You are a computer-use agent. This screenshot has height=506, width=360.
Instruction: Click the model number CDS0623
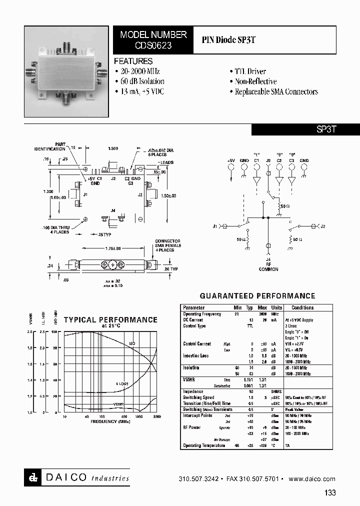[x=153, y=45]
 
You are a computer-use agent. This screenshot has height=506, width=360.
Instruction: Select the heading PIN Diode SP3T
[x=228, y=39]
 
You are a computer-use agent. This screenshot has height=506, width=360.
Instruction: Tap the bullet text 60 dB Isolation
[x=139, y=81]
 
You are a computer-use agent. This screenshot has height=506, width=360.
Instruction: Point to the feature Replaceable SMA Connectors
[x=276, y=92]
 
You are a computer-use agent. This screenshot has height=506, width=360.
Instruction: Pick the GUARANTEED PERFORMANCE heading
[x=257, y=296]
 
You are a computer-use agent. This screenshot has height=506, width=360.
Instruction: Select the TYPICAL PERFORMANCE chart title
[x=110, y=320]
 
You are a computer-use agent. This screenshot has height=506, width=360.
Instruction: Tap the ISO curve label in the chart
[x=132, y=343]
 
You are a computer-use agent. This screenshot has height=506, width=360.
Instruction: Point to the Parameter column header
[x=193, y=307]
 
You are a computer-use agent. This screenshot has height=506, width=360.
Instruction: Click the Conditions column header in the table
[x=302, y=307]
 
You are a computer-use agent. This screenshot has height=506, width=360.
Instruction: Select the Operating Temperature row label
[x=199, y=445]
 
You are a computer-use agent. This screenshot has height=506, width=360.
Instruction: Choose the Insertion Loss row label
[x=195, y=355]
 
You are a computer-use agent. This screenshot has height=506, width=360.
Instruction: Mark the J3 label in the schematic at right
[x=322, y=226]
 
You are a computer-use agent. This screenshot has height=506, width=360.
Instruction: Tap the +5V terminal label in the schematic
[x=230, y=161]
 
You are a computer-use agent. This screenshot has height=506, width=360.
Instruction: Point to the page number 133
[x=330, y=492]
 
